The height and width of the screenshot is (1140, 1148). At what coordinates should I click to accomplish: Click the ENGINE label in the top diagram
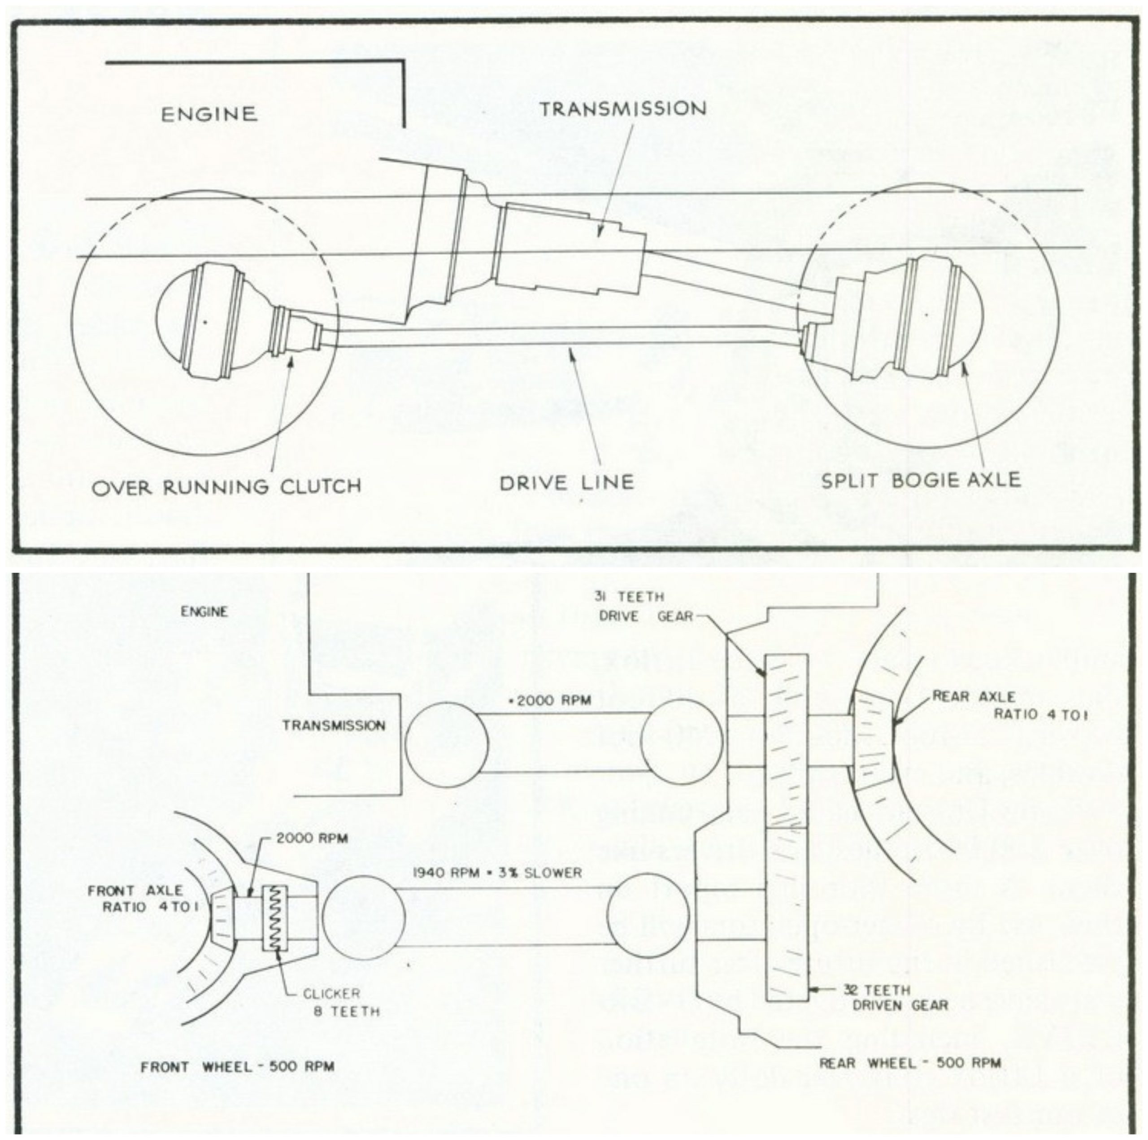pyautogui.click(x=209, y=114)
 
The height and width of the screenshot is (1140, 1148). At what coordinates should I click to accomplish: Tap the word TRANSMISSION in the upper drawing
pyautogui.click(x=623, y=109)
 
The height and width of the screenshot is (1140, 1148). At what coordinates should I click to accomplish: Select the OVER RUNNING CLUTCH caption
pyautogui.click(x=226, y=487)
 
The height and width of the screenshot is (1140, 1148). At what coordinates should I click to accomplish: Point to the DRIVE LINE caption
pyautogui.click(x=566, y=482)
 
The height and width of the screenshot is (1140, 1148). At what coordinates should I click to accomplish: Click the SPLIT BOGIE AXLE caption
pyautogui.click(x=921, y=480)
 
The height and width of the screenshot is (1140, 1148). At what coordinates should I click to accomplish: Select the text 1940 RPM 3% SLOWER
pyautogui.click(x=497, y=873)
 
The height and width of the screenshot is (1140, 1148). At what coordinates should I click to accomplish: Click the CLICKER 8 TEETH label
pyautogui.click(x=340, y=1002)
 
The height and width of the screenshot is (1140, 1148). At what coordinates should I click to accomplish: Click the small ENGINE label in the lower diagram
pyautogui.click(x=204, y=611)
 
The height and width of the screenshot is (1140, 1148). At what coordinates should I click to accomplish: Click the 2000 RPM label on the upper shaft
pyautogui.click(x=550, y=701)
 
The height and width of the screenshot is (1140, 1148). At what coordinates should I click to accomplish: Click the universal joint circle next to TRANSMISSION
pyautogui.click(x=446, y=743)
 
